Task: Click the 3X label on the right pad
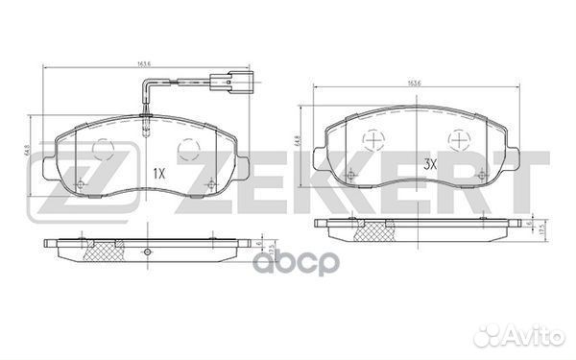click(431, 164)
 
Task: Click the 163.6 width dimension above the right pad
click(415, 83)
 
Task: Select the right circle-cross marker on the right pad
click(460, 140)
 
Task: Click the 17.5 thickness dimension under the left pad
click(272, 251)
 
